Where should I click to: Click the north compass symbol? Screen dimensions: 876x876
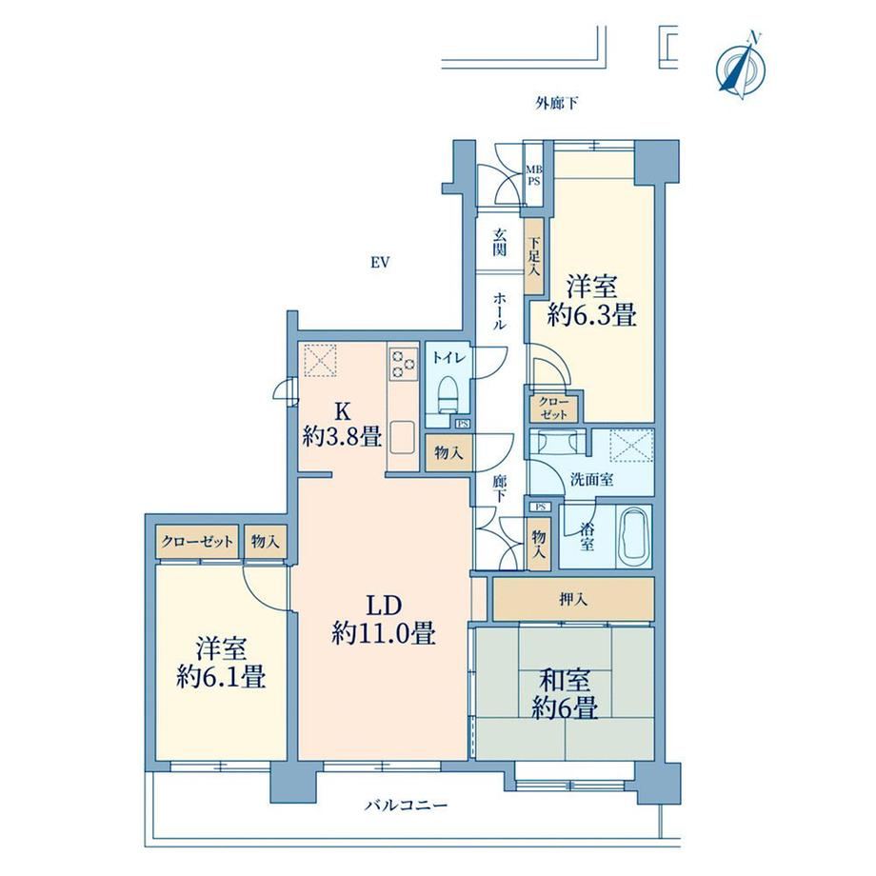tap(742, 67)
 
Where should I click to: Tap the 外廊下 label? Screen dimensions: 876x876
tap(557, 103)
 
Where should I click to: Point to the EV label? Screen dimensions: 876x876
tap(380, 262)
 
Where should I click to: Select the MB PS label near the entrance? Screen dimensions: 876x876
tap(535, 175)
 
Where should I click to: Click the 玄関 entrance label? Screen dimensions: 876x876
tap(500, 244)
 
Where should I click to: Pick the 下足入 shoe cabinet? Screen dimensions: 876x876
tap(534, 256)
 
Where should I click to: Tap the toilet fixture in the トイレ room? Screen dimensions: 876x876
tap(448, 394)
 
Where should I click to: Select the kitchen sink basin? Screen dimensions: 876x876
tap(402, 438)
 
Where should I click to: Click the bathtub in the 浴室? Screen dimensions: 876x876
tap(636, 536)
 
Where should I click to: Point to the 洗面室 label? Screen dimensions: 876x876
tap(591, 479)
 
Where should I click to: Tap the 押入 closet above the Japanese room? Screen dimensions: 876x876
tap(573, 600)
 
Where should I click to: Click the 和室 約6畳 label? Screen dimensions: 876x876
tap(565, 694)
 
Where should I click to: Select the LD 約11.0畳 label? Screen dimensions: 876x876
tap(384, 620)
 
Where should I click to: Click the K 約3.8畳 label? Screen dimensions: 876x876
tap(343, 424)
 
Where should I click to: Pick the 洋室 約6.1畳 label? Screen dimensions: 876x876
tap(221, 663)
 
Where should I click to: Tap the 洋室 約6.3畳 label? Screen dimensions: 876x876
tap(592, 301)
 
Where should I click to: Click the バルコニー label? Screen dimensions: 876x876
tap(407, 806)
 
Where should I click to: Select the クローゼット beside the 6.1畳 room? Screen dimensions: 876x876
tap(197, 542)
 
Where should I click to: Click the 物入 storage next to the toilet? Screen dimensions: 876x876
tap(449, 452)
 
